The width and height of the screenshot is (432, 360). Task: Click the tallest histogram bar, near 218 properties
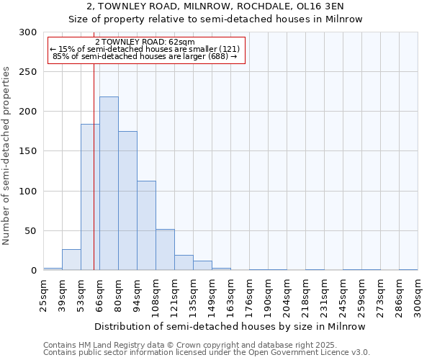point(109,184)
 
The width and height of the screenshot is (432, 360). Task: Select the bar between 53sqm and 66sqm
point(90,197)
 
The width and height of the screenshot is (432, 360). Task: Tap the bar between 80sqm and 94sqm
point(127,201)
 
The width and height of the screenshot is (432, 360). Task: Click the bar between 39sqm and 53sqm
point(71,260)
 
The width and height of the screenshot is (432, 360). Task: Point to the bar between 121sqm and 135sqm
point(184,263)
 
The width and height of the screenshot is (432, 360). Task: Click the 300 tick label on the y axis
point(27,32)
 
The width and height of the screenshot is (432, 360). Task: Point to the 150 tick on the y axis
point(27,151)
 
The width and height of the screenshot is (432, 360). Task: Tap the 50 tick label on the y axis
point(30,231)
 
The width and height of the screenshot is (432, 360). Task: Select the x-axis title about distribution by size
point(230,326)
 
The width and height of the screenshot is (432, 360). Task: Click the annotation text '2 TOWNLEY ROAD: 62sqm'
point(145,42)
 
